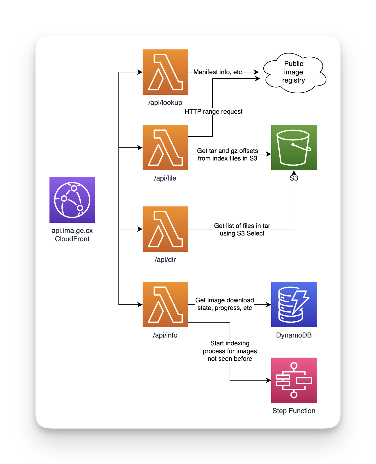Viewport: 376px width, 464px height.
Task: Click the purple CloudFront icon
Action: click(x=72, y=200)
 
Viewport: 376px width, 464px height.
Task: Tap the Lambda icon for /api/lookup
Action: click(x=165, y=72)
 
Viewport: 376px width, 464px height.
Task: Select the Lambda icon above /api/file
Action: click(x=165, y=148)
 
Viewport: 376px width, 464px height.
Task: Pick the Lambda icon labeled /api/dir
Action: click(x=165, y=229)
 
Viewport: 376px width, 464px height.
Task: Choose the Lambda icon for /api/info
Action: click(x=165, y=305)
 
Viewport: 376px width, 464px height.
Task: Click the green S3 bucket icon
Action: click(x=294, y=148)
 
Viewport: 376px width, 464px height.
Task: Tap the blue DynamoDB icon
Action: click(x=294, y=305)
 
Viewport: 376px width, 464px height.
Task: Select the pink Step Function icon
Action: click(x=294, y=380)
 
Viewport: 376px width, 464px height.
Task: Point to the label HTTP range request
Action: click(x=213, y=112)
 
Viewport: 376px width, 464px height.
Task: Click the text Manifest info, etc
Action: click(x=218, y=72)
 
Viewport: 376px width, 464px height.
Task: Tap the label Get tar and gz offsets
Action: click(x=227, y=151)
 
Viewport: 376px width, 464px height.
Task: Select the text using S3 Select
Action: click(x=242, y=233)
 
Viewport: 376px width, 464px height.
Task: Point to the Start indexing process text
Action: click(x=230, y=351)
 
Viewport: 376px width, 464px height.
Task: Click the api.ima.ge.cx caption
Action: click(x=72, y=231)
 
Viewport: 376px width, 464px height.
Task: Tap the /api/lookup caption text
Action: click(x=165, y=103)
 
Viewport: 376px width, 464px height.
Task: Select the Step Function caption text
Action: click(x=294, y=411)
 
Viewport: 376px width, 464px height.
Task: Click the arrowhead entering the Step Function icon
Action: click(x=269, y=380)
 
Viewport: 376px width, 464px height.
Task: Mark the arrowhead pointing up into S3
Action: click(x=294, y=173)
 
